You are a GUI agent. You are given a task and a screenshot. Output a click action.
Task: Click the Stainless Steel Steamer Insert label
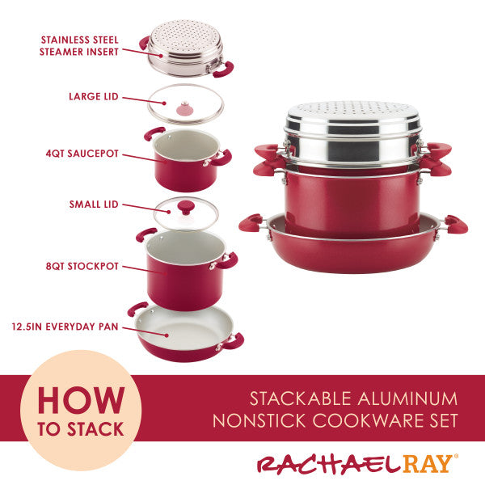79,45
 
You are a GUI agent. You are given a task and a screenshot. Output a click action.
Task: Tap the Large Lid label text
93,96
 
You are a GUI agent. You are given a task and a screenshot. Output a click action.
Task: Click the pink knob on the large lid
184,108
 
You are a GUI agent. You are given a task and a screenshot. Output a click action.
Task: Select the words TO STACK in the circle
80,428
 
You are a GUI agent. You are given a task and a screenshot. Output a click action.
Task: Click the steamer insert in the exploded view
187,50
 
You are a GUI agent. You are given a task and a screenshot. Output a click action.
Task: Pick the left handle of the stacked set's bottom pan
251,221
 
